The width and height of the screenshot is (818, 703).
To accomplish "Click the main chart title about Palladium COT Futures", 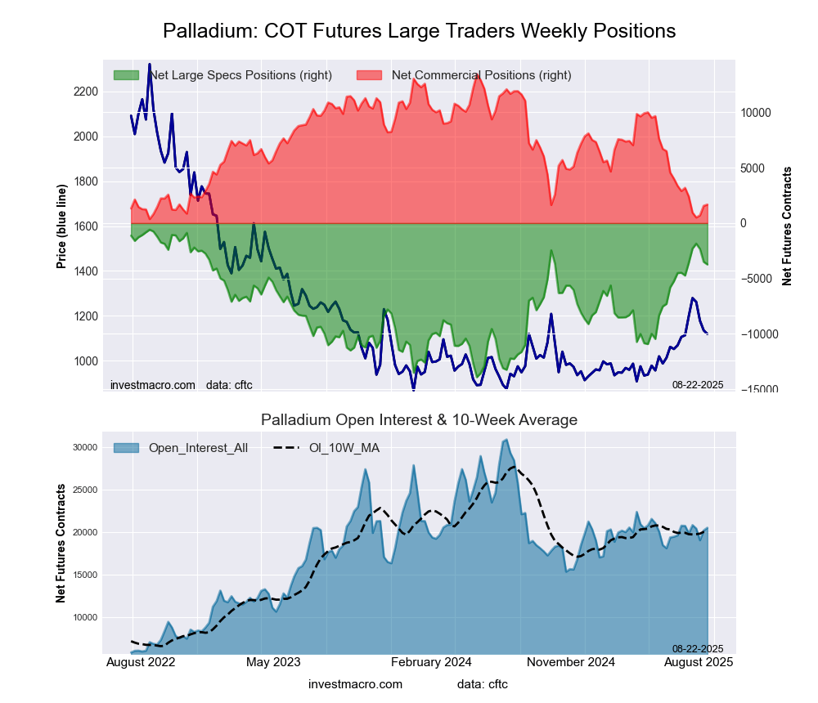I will tap(419, 31).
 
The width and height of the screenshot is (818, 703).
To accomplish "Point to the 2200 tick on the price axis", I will tap(85, 91).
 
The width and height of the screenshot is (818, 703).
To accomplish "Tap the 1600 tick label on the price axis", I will tap(85, 226).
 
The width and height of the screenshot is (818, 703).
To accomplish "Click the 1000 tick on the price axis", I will tap(85, 361).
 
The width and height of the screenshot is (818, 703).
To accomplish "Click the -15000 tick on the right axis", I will tap(760, 390).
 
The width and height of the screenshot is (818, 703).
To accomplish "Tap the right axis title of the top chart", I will tap(787, 226).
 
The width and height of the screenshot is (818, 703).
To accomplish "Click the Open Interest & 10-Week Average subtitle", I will tap(419, 420).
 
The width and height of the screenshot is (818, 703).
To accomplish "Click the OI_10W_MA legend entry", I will tap(344, 447).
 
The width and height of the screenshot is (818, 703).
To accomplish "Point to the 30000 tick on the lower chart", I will tap(86, 447).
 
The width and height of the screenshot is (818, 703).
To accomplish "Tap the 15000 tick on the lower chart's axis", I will tap(86, 575).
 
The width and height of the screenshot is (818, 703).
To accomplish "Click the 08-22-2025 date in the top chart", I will tap(698, 384).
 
